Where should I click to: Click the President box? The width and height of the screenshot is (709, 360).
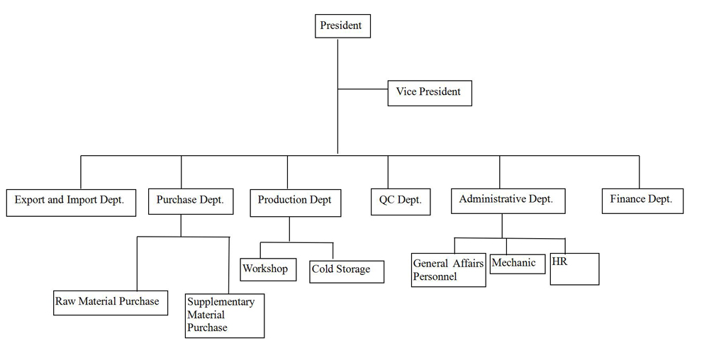(342, 26)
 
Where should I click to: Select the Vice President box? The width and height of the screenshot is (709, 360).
(430, 93)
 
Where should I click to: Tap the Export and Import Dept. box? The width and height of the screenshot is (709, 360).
(71, 203)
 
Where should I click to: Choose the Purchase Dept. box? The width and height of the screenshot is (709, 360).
(191, 201)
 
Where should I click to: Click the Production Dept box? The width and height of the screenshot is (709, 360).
(295, 203)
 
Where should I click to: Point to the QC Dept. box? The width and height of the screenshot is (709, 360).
(401, 201)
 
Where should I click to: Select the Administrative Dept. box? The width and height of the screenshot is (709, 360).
(508, 201)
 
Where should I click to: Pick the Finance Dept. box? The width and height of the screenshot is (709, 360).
(642, 201)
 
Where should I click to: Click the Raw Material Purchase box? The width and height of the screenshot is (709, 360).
(111, 303)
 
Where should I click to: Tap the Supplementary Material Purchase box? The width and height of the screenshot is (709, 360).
(225, 316)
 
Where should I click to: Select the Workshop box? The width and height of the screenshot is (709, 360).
(268, 269)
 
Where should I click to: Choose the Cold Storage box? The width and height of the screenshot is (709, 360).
(347, 271)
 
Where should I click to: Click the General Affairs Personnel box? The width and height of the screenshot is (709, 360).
(449, 270)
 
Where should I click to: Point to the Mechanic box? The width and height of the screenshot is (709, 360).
(518, 264)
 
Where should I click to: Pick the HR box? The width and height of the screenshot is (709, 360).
(575, 269)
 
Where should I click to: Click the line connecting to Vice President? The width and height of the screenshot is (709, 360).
(362, 89)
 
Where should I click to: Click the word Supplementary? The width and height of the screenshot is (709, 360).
(221, 302)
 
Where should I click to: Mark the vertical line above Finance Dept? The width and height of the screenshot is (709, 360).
(640, 172)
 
